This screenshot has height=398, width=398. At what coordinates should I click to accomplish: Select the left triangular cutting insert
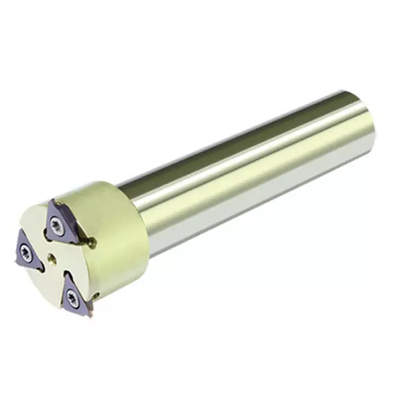(27, 253)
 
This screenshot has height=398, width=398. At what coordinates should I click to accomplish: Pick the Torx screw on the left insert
(26, 253)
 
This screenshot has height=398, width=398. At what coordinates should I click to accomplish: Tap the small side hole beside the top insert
(94, 243)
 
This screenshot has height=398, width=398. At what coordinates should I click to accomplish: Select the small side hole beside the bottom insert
(97, 295)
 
